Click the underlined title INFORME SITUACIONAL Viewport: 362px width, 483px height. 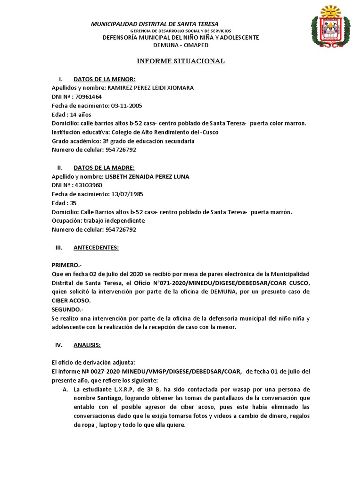[x=181, y=61]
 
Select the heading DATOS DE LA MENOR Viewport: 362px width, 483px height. [x=104, y=79]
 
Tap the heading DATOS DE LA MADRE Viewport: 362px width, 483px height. [x=104, y=167]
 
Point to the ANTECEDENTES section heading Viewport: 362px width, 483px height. [x=96, y=248]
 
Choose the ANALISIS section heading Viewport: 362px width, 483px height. [x=87, y=345]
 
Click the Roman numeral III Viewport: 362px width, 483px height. [x=59, y=248]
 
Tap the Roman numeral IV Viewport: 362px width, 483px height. [x=59, y=345]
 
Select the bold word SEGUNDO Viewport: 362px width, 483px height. [x=67, y=309]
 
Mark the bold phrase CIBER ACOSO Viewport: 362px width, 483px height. [x=70, y=300]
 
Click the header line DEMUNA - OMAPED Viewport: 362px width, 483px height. [x=181, y=45]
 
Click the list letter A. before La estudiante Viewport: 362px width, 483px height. [x=65, y=389]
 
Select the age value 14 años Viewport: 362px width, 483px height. [x=81, y=115]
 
